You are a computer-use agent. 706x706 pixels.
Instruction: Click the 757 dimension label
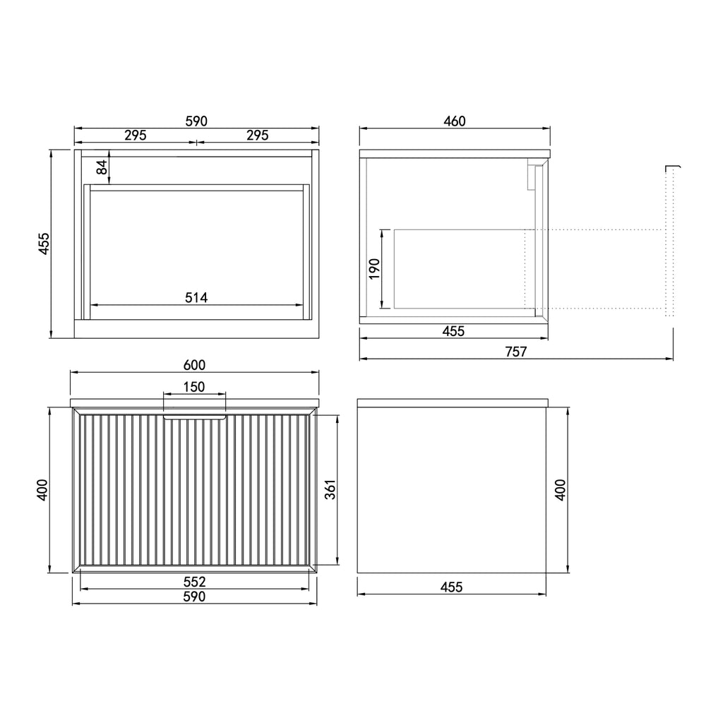point(515,351)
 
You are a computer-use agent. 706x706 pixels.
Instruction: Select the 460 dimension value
point(454,121)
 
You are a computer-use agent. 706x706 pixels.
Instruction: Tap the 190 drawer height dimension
point(374,269)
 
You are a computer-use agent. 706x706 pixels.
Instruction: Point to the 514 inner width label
point(196,298)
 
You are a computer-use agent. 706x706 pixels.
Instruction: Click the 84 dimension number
point(103,167)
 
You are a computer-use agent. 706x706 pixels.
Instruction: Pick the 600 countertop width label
point(194,365)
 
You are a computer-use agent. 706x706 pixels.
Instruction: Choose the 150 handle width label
point(194,387)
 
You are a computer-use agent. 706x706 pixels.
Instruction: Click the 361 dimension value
point(330,489)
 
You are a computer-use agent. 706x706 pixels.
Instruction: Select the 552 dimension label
point(194,582)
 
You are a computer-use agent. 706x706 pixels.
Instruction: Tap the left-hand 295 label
point(136,135)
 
